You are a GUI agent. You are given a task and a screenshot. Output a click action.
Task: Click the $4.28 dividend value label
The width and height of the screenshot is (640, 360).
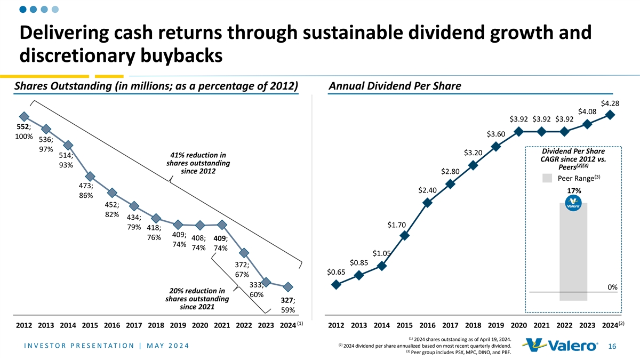point(610,103)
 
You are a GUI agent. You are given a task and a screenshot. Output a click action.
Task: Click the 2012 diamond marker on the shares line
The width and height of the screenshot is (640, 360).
point(23,116)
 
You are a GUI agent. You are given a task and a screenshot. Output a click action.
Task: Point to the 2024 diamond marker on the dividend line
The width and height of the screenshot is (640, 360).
point(610,114)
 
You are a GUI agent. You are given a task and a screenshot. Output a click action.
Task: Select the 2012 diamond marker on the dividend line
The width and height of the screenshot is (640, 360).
point(336,285)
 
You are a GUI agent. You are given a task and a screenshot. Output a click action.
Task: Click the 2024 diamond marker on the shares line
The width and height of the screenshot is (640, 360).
point(289,287)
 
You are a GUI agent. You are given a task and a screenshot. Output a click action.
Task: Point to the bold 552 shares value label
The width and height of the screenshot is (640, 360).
point(24,127)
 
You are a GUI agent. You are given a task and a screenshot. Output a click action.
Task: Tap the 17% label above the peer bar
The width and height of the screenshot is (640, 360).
point(573,191)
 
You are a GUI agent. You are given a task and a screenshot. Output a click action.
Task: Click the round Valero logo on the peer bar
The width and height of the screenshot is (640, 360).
point(573,205)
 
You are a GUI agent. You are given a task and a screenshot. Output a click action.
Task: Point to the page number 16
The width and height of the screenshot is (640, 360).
point(613,347)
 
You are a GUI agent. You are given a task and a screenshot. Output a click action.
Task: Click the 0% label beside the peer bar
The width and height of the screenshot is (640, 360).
point(612,287)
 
